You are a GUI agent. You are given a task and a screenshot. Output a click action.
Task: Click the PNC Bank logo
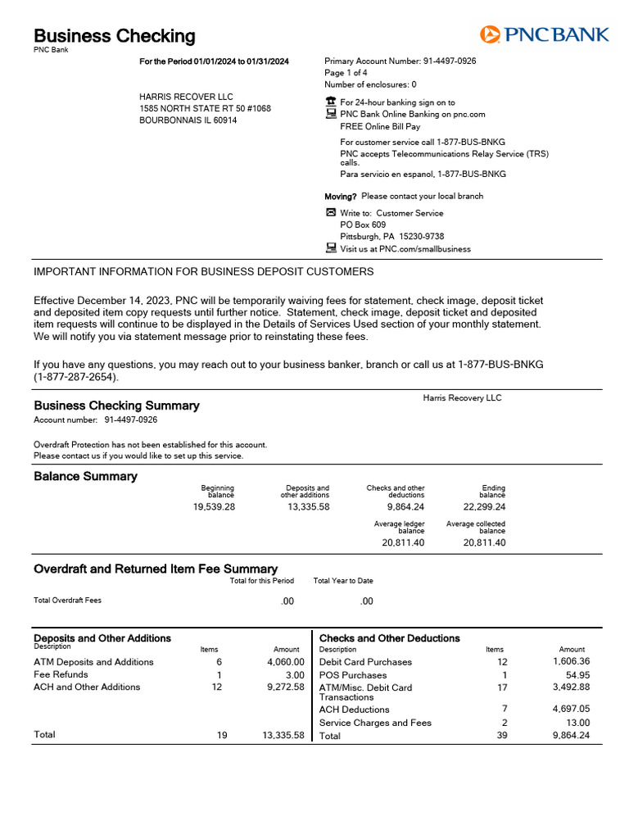pos(544,34)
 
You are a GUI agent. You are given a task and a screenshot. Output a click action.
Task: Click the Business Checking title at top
pos(115,36)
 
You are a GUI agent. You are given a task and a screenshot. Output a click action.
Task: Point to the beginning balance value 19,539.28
pos(214,506)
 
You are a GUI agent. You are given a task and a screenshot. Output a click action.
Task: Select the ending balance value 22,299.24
pos(484,506)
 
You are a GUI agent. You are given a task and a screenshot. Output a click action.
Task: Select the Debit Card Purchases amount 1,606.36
pos(572,661)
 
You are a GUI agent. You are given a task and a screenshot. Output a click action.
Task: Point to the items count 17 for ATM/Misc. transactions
pos(503,687)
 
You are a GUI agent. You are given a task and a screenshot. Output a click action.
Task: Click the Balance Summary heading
pos(85,476)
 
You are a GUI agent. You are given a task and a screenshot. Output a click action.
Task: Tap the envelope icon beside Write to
pos(331,213)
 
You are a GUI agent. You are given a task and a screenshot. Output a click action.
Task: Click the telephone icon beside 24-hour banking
pos(331,102)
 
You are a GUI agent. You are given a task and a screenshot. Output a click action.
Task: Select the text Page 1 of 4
pos(346,73)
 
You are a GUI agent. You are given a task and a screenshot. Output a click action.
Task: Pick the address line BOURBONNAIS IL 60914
pos(188,120)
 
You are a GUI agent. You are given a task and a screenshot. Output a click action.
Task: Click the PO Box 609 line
pos(363,224)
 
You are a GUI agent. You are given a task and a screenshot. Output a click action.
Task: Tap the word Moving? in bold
pos(341,197)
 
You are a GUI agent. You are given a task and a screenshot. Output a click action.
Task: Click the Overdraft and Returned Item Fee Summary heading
pos(156,569)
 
